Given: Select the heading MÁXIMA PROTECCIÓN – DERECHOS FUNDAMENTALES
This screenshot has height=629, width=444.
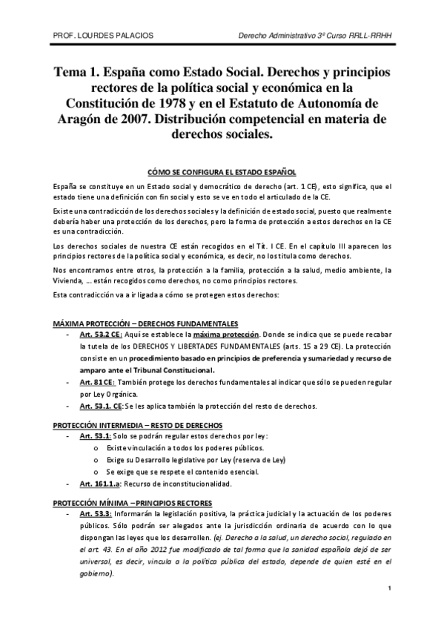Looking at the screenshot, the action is click(145, 324).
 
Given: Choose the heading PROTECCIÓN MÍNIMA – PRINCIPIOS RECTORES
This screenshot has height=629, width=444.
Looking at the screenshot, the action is click(132, 502).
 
